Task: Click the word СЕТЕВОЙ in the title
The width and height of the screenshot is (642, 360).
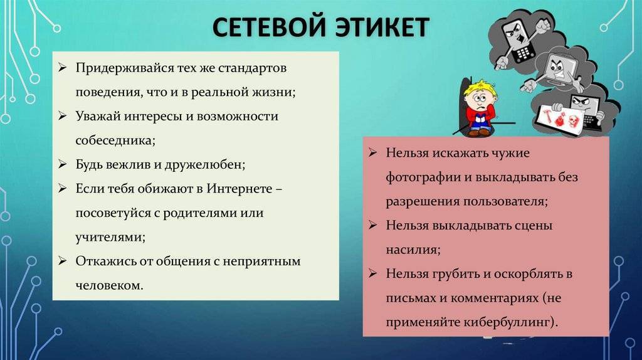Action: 269,28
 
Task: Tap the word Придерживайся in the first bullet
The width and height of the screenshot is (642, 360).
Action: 125,68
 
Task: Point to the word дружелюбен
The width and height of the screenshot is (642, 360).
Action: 205,165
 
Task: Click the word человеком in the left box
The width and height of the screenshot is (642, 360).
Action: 109,285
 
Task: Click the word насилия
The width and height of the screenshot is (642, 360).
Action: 413,250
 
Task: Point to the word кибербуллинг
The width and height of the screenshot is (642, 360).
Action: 510,322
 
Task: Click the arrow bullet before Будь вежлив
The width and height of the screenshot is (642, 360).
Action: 62,165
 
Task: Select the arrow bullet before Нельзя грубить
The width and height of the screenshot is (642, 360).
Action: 372,273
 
